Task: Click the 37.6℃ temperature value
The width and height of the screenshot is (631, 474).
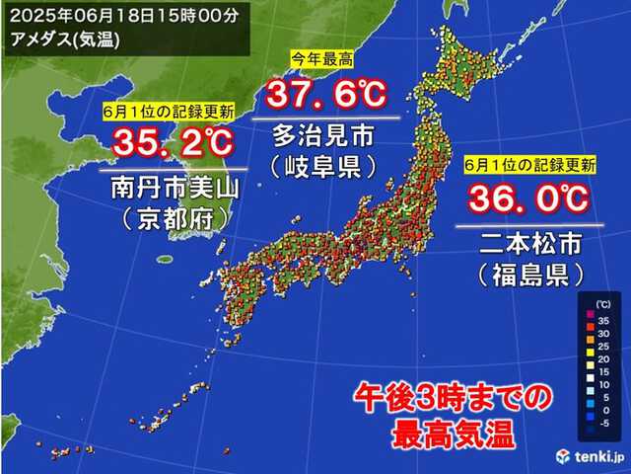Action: pyautogui.click(x=326, y=97)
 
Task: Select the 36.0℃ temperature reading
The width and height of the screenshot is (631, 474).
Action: pyautogui.click(x=527, y=200)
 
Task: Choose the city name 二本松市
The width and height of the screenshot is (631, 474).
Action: pyautogui.click(x=528, y=240)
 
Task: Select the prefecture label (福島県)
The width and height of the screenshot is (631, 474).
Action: pyautogui.click(x=528, y=270)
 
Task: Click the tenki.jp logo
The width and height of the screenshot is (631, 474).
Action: pyautogui.click(x=589, y=455)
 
